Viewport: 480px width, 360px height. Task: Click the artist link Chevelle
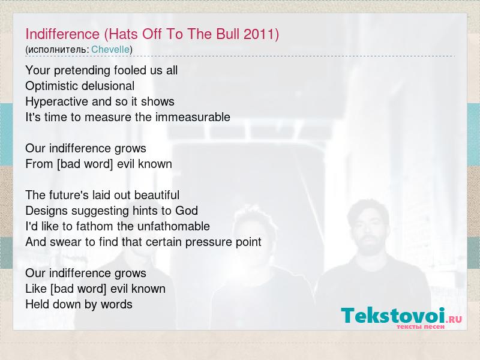click(110, 49)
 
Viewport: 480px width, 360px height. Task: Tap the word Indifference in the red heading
click(62, 34)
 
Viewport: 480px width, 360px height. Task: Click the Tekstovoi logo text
click(393, 316)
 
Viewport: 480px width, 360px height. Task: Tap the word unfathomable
click(173, 226)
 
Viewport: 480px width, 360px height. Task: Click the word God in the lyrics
click(187, 211)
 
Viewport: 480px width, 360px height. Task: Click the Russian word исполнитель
click(58, 50)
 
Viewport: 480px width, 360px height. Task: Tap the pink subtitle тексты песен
click(421, 326)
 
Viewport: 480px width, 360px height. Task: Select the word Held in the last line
click(36, 304)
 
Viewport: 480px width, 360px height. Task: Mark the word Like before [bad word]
click(36, 289)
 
